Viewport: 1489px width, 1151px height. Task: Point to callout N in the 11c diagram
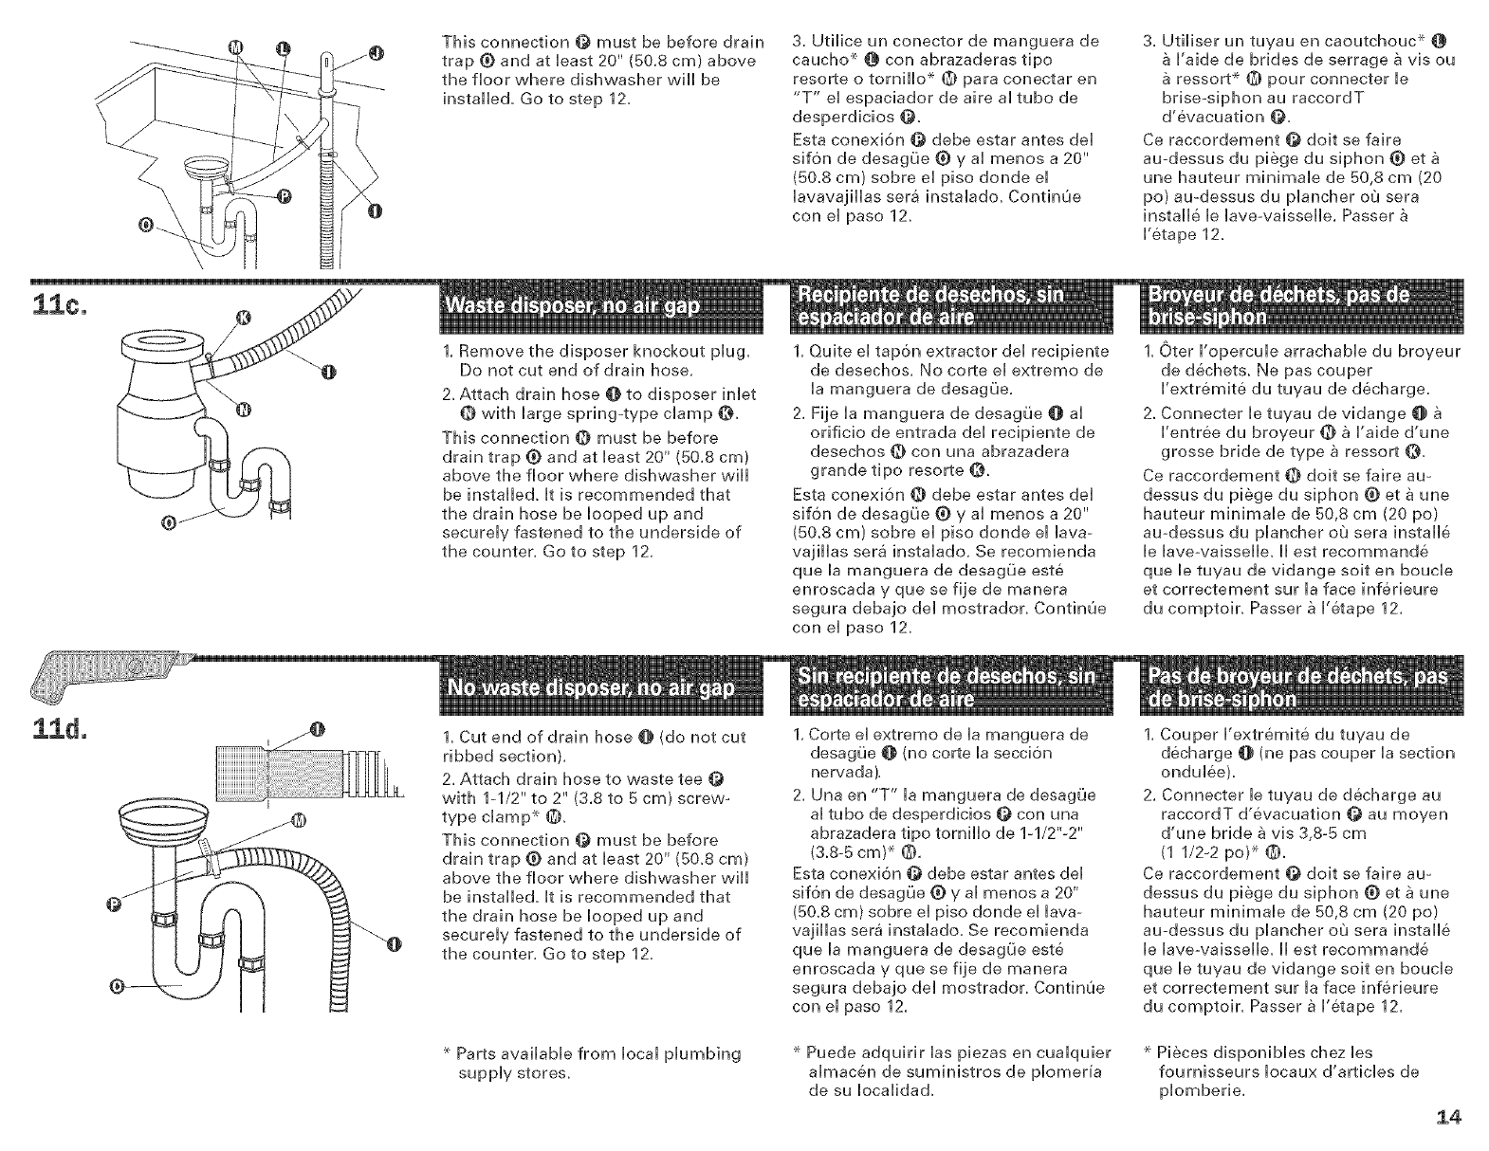(243, 410)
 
